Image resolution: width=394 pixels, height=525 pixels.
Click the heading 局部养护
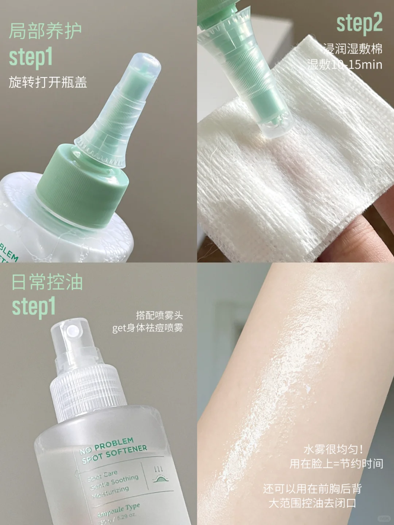(x=45, y=31)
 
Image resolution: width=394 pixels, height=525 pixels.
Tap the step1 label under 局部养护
(x=31, y=57)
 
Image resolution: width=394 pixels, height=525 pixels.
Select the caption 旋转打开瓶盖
(x=48, y=82)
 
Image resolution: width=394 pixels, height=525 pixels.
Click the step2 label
(x=359, y=23)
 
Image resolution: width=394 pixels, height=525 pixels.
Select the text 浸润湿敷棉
(x=352, y=48)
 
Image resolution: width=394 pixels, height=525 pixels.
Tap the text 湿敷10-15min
(x=345, y=65)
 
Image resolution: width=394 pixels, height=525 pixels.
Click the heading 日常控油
(x=47, y=283)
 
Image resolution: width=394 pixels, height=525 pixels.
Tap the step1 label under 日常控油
(x=34, y=307)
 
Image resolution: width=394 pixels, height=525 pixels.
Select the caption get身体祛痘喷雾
(x=147, y=328)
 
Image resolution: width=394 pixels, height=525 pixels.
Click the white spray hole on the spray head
(x=72, y=331)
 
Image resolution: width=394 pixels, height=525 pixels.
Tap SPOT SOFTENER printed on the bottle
(x=115, y=454)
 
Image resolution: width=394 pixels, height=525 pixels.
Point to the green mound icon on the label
(x=159, y=479)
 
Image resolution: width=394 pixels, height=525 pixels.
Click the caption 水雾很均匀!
(x=333, y=449)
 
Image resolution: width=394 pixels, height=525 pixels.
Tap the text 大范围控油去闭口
(x=312, y=503)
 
